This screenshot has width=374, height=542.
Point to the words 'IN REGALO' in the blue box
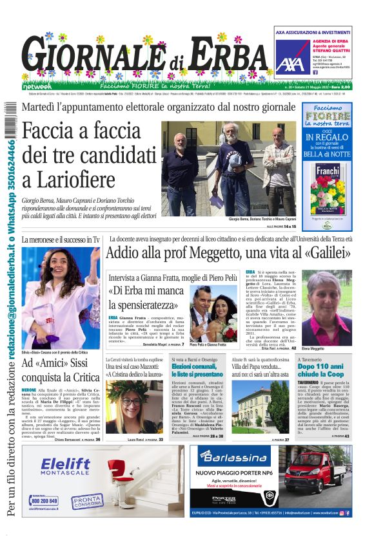(327, 137)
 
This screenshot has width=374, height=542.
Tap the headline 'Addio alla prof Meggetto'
(229, 252)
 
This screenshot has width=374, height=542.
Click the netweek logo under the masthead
(38, 85)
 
